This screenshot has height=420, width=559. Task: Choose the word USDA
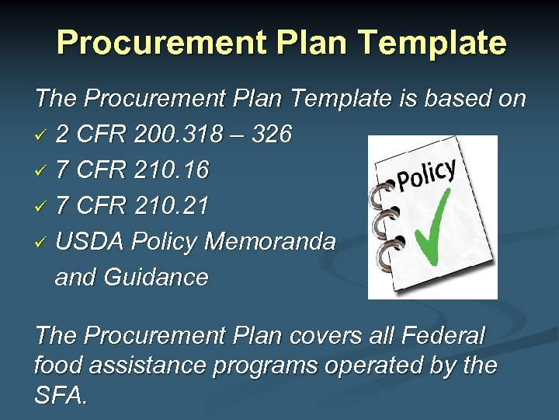90,242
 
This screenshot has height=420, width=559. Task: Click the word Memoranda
269,242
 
